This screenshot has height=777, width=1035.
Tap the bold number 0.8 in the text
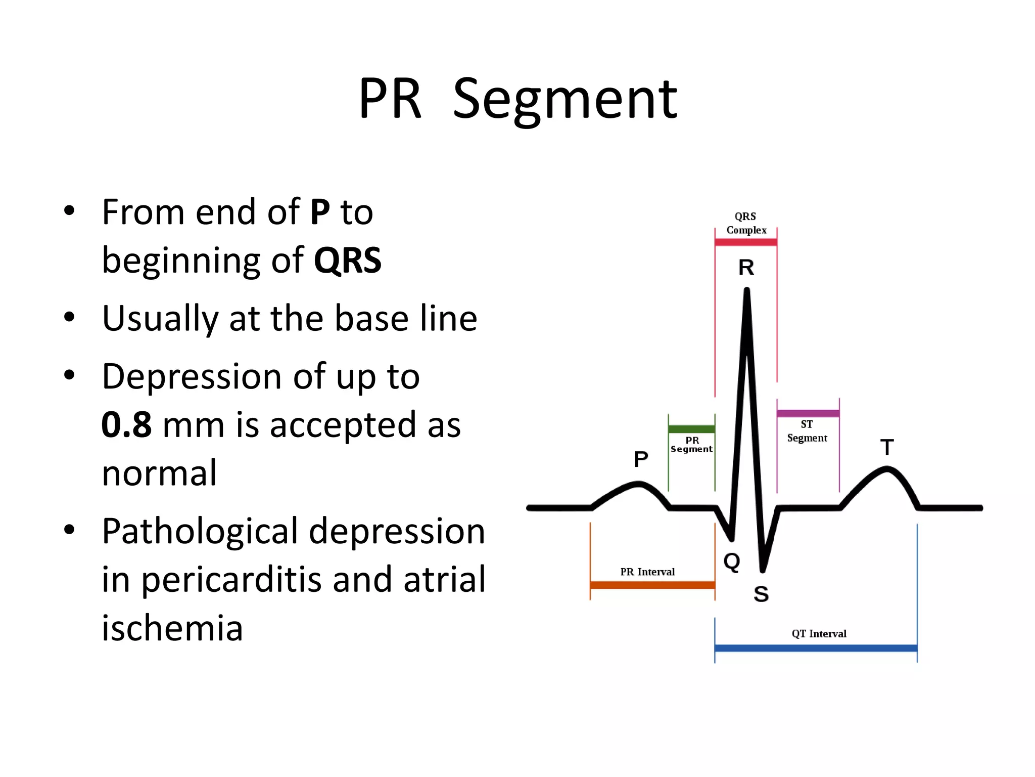126,425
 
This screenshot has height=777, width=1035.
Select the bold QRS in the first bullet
347,261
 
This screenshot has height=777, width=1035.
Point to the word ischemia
172,628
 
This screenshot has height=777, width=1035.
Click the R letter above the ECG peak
746,268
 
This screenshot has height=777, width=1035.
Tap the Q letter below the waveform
731,561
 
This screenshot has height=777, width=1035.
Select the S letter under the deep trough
761,594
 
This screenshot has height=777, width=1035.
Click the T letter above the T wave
887,447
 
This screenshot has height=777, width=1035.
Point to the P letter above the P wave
641,459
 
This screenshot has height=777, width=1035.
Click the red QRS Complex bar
745,242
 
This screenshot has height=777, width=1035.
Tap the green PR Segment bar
691,429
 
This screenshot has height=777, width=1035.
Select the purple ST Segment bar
808,413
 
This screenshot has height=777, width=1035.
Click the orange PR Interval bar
652,585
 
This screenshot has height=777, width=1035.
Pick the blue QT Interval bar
815,648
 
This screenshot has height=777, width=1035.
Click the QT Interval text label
819,634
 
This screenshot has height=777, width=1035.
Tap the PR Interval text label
647,572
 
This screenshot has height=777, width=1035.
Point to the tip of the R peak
746,290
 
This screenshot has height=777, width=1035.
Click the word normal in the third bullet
159,473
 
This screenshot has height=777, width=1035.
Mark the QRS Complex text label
746,223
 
